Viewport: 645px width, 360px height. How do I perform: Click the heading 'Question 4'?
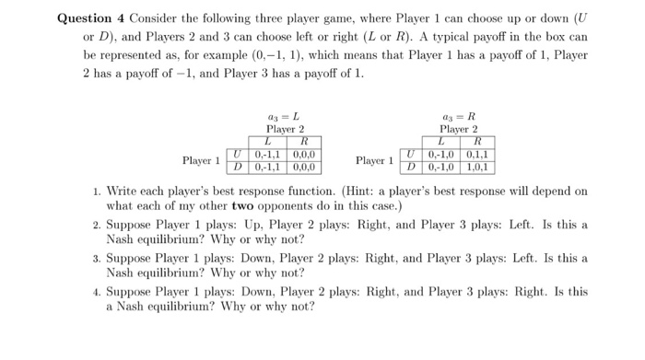[x=90, y=18]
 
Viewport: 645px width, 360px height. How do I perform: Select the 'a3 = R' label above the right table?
[x=458, y=118]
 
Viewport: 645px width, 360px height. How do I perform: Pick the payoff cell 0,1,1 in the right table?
[x=477, y=155]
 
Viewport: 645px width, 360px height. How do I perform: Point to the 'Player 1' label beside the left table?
[x=201, y=161]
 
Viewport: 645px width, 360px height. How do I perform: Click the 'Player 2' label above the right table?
[x=458, y=130]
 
